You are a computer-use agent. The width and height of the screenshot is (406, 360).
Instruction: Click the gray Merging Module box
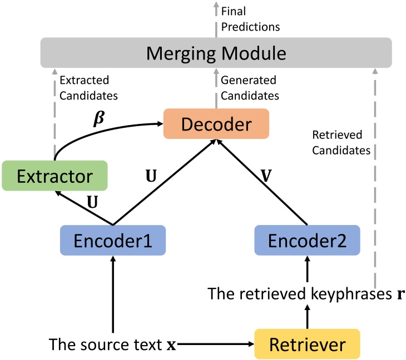click(x=216, y=54)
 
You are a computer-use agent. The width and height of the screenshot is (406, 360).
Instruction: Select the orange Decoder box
click(x=216, y=124)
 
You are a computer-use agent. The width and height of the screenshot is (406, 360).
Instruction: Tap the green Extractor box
click(x=54, y=177)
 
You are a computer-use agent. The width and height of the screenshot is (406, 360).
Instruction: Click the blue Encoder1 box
click(x=112, y=240)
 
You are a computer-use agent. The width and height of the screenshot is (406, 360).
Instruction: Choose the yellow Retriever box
click(x=307, y=343)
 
